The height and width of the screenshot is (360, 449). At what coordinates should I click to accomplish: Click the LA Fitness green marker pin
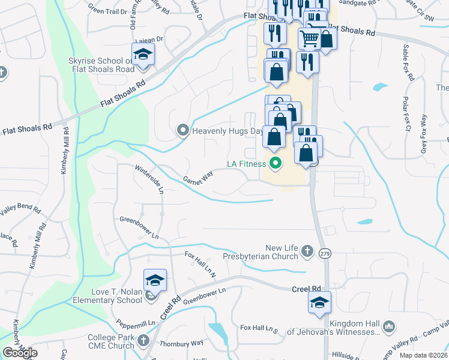[x=276, y=163]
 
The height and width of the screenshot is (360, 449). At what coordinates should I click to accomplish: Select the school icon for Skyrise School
[x=143, y=55]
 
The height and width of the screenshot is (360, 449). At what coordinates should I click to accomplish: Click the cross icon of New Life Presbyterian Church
[x=307, y=251]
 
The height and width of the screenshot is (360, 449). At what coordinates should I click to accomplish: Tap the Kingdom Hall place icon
[x=389, y=326]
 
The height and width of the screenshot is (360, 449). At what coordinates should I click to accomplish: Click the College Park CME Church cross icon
[x=143, y=341]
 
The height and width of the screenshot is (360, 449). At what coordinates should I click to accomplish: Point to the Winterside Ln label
[x=149, y=179]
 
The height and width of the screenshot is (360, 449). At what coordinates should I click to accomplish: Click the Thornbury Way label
[x=185, y=344]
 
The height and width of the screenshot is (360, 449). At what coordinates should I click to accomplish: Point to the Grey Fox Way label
[x=423, y=142]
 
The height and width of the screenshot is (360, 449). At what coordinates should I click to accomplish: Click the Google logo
[x=20, y=353]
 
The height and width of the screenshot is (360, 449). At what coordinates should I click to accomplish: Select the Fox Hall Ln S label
[x=259, y=328]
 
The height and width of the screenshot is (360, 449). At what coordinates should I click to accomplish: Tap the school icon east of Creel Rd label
[x=319, y=303]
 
